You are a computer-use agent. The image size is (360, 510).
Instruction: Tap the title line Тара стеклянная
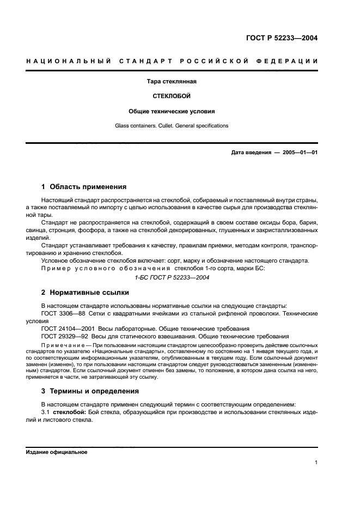click(172, 82)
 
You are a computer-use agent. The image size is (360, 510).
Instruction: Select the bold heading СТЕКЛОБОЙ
click(172, 96)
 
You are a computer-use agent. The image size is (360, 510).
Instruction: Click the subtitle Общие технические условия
click(172, 111)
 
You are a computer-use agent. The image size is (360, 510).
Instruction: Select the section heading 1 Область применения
click(84, 186)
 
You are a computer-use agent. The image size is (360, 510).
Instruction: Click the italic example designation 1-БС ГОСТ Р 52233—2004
click(172, 277)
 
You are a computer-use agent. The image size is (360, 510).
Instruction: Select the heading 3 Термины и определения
click(90, 391)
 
